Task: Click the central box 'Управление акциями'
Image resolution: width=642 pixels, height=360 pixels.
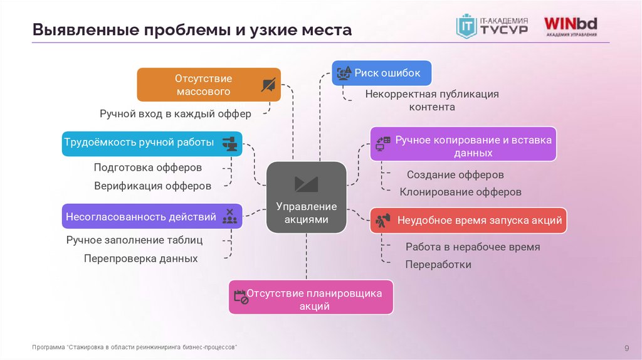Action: click(x=307, y=197)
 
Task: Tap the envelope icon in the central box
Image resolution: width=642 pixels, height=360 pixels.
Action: click(x=306, y=184)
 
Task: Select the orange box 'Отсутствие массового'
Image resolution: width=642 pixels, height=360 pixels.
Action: click(x=208, y=85)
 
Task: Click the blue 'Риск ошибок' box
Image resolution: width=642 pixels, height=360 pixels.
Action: click(x=381, y=73)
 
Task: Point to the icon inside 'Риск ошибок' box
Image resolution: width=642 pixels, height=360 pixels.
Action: click(x=344, y=73)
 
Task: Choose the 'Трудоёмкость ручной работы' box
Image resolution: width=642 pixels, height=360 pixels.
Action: click(x=152, y=143)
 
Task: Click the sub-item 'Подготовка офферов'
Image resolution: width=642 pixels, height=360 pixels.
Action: click(x=148, y=167)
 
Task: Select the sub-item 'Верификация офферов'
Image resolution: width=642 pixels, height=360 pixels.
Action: click(x=152, y=186)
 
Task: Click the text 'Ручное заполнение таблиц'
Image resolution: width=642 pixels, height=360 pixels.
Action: click(x=134, y=240)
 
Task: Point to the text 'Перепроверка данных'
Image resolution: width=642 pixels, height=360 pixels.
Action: click(x=140, y=258)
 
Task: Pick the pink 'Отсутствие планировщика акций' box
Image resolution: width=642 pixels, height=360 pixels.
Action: click(x=311, y=297)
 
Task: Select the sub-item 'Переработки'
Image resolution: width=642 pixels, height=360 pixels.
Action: click(x=438, y=264)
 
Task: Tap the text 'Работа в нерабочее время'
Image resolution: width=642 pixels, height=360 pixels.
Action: click(x=472, y=246)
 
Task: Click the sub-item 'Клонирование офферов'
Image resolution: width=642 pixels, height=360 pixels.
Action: click(x=460, y=192)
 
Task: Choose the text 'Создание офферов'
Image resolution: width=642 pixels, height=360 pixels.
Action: click(x=455, y=174)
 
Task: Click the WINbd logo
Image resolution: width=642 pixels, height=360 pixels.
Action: click(x=569, y=26)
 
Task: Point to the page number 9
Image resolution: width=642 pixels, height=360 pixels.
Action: click(x=626, y=348)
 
